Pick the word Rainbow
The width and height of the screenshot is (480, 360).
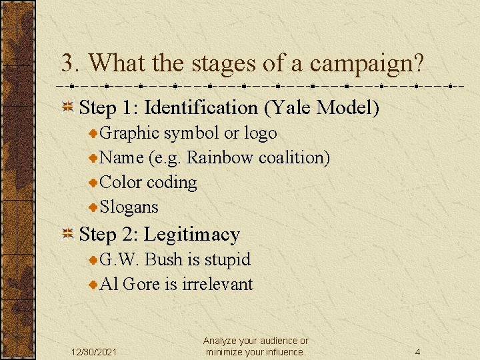(x=220, y=157)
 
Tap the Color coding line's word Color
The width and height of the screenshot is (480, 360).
(x=120, y=182)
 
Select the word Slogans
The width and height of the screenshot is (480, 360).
(x=129, y=207)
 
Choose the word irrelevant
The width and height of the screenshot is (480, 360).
(x=217, y=284)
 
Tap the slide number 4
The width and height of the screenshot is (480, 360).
(x=417, y=352)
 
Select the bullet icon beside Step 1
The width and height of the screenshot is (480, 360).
(x=67, y=108)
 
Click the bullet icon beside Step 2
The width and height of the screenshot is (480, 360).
(x=67, y=235)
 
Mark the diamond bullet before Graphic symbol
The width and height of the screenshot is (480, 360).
(x=94, y=133)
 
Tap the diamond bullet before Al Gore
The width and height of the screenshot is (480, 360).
(x=94, y=285)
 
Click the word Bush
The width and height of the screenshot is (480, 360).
(x=161, y=259)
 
